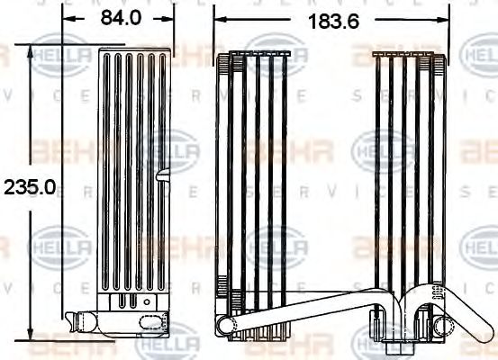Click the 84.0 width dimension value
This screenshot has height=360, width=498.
(x=117, y=18)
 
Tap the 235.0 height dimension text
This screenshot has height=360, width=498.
(x=30, y=187)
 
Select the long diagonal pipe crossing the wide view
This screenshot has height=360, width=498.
(x=306, y=310)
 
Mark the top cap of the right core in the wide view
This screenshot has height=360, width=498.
(x=410, y=57)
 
